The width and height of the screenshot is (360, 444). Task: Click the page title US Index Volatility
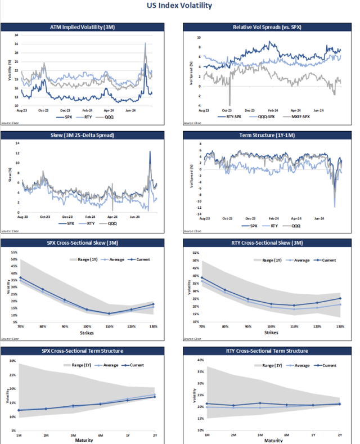coord(179,6)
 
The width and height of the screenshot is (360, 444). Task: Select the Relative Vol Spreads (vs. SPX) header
coord(267,27)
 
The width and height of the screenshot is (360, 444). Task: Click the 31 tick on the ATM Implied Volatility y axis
coord(16,35)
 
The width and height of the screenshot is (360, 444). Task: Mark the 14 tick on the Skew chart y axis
coord(17,143)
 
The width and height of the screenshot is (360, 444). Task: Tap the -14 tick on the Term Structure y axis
coord(199,214)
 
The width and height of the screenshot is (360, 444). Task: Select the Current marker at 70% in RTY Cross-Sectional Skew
coord(202,278)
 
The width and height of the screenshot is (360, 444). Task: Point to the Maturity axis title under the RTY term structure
coord(272,440)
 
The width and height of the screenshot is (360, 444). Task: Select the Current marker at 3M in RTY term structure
coord(259,403)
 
